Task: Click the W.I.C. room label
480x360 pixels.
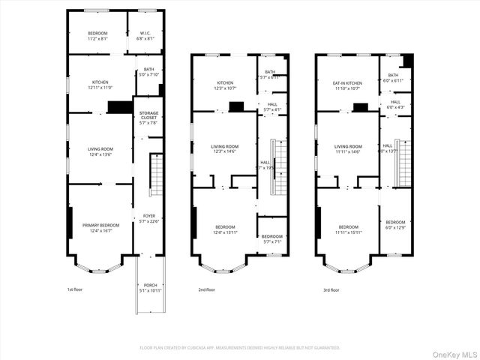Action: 146,33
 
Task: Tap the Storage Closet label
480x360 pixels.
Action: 148,115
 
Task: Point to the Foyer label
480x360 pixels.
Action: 148,217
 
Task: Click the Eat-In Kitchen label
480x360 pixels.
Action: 348,83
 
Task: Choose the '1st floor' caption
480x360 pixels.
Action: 76,289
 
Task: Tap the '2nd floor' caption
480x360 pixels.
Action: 206,289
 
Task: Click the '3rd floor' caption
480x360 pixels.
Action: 331,289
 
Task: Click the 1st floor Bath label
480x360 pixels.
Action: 148,70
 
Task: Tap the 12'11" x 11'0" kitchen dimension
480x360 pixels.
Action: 100,87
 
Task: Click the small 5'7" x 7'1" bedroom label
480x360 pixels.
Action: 271,239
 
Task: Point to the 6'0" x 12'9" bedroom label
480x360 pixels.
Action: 395,225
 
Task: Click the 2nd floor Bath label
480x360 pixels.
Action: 270,74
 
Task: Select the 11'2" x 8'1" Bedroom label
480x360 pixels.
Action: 97,37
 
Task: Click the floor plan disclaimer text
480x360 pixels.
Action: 240,347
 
